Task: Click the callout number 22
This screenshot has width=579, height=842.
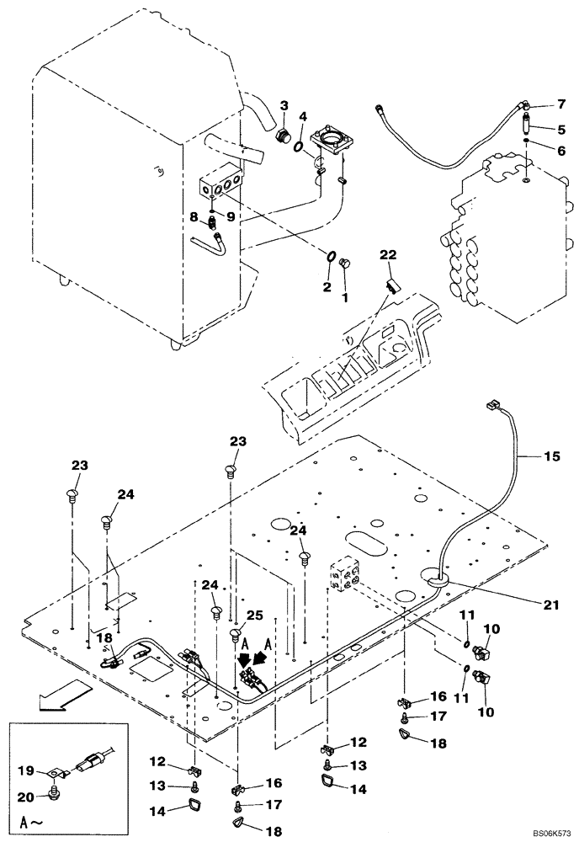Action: [x=387, y=256]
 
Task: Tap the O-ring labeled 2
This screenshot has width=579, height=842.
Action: [x=331, y=257]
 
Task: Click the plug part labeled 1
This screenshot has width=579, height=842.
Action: [x=344, y=266]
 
